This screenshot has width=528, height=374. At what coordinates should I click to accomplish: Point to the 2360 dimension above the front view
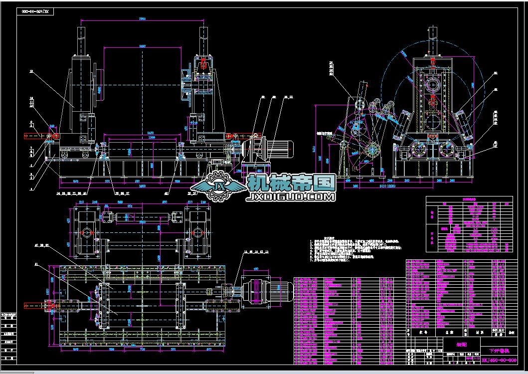[x=142, y=19]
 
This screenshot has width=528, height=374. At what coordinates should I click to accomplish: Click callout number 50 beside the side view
[x=495, y=73]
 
